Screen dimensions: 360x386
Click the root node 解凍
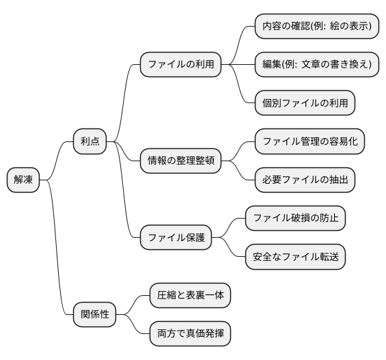coord(23,180)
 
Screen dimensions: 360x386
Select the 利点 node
coord(89,141)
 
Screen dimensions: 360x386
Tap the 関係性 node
coord(94,315)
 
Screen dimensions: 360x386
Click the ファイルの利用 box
coord(181,64)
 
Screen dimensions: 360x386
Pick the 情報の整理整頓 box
coord(180,161)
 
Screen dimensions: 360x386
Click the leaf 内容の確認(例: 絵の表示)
coord(316,26)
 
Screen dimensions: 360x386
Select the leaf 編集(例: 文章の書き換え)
coord(316,64)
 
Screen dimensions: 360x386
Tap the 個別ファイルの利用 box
coord(305,103)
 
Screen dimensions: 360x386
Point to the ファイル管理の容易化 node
coord(309,141)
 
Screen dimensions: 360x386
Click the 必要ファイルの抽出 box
coord(305,180)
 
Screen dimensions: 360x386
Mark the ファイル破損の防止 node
coord(295,219)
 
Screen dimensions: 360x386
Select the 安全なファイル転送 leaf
coord(295,257)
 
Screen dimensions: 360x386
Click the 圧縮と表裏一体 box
coord(190,296)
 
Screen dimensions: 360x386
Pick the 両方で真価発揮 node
coord(190,335)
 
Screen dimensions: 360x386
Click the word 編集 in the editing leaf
coord(273,64)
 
